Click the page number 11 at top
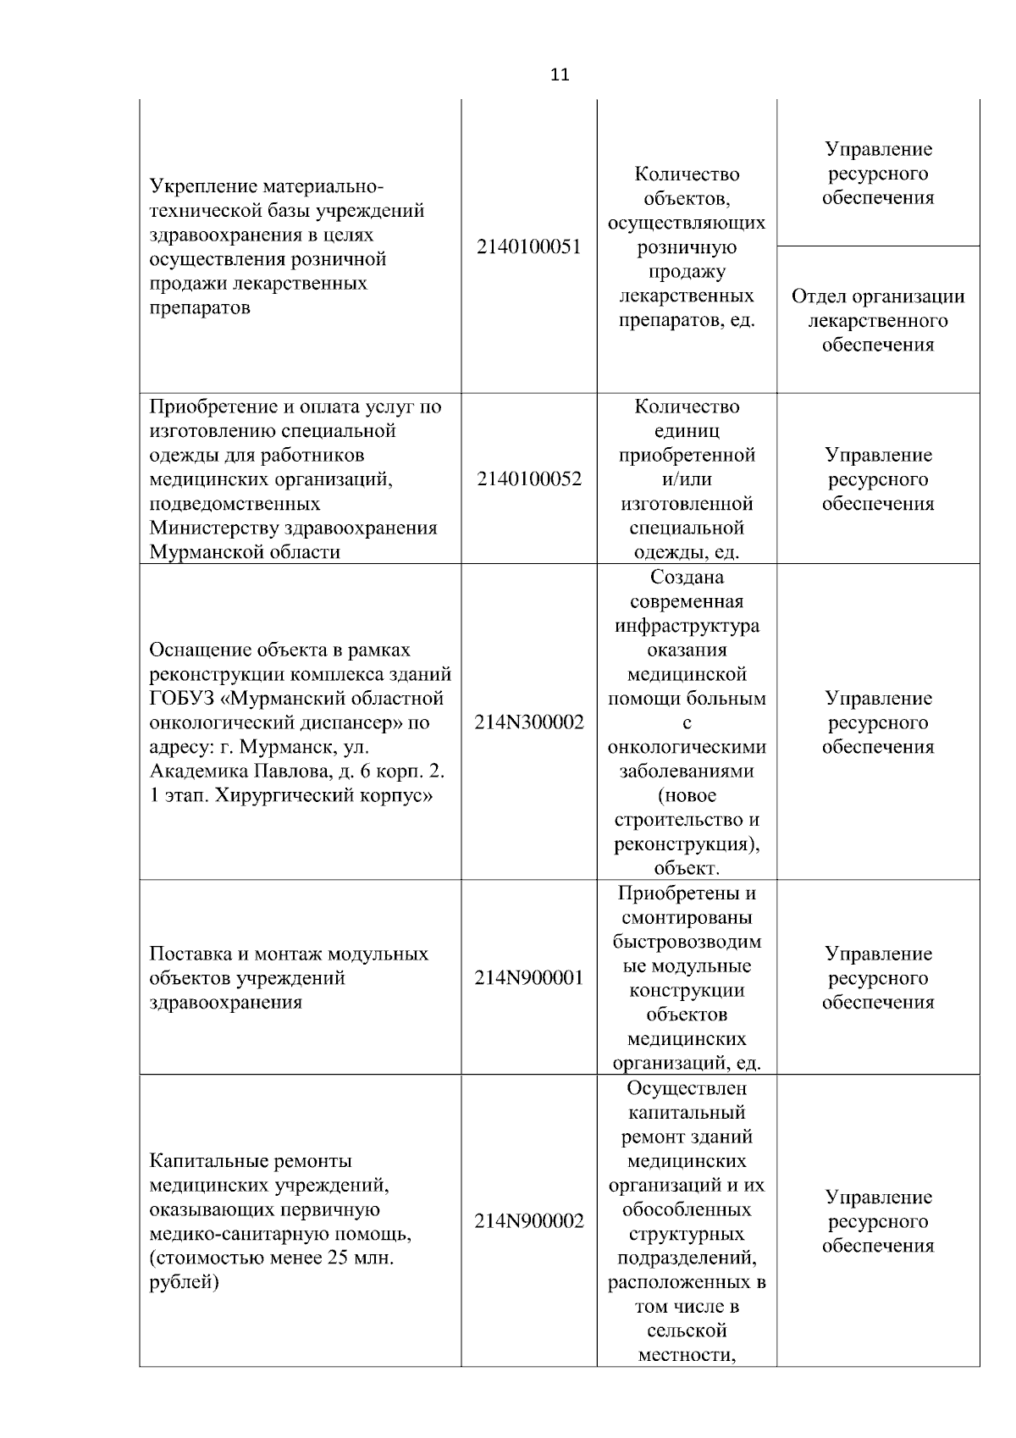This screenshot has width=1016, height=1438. pos(560,75)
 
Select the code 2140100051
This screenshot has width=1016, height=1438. pos(529,247)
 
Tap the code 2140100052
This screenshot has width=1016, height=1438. pos(529,479)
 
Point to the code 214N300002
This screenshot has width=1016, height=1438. pos(529,723)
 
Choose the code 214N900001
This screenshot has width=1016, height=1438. pos(529,978)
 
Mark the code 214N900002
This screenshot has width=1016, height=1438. pos(529,1222)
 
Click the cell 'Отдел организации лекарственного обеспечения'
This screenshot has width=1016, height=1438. pos(878,321)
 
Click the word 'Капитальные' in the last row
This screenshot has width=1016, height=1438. pos(203,1161)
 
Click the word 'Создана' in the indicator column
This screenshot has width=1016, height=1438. pos(687,578)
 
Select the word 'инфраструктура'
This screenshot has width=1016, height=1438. pos(687,627)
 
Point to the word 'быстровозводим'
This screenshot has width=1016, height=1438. pos(687,943)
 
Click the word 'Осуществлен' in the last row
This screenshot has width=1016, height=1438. pos(687,1088)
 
